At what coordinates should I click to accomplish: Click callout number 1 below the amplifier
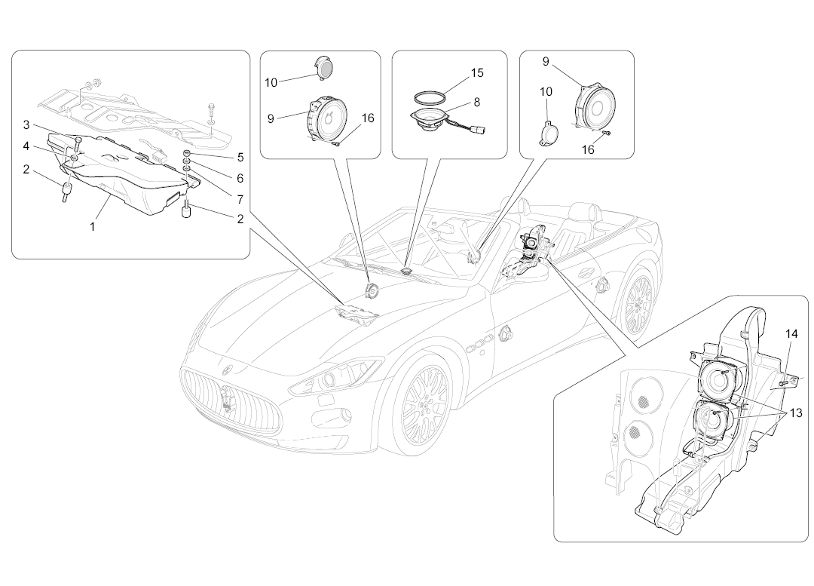[x=93, y=226]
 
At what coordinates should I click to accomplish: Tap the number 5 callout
[x=240, y=158]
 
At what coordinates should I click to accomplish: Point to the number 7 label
[x=240, y=201]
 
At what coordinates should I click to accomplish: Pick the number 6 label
[x=240, y=179]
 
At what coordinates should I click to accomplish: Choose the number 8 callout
[x=476, y=102]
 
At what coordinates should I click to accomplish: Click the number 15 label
[x=476, y=73]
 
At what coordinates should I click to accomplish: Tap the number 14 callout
[x=791, y=333]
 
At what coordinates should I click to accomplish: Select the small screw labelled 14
[x=783, y=383]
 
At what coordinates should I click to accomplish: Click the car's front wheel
[x=426, y=403]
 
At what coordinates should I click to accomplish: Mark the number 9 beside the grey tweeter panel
[x=271, y=118]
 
